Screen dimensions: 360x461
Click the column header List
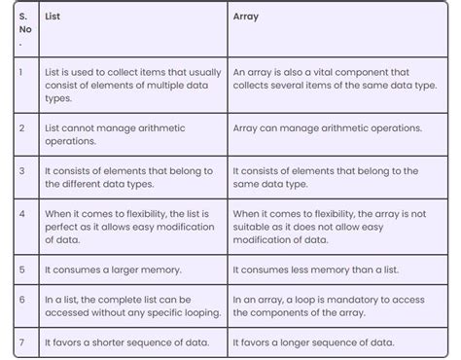pos(53,17)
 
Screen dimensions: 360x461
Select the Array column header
pos(246,17)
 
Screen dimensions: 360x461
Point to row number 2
pos(20,128)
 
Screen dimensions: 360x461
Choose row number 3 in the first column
pos(20,170)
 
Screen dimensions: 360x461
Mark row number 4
pos(20,212)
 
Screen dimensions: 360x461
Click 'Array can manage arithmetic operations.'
pos(328,128)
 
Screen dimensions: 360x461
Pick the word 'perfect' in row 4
pos(63,227)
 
